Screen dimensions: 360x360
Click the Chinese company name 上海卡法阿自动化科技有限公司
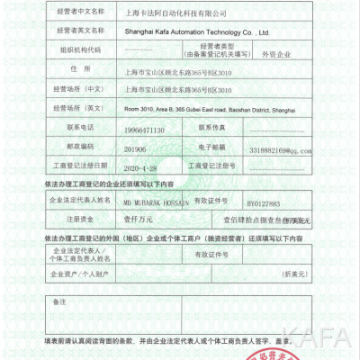click(x=176, y=15)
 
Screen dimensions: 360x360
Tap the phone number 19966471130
click(x=145, y=130)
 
